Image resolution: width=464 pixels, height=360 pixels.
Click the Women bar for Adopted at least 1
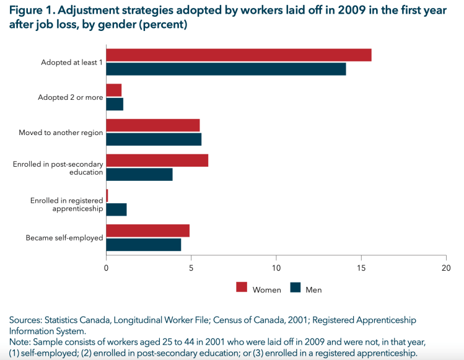click(239, 55)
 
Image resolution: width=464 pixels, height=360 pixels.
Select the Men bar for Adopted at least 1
click(226, 69)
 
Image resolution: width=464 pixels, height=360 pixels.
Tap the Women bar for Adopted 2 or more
click(114, 90)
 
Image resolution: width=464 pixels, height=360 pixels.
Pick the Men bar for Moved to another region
click(154, 139)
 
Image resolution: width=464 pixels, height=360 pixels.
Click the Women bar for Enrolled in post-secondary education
click(157, 160)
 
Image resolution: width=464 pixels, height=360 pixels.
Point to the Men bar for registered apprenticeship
click(116, 210)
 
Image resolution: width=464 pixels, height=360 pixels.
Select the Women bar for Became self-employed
click(148, 230)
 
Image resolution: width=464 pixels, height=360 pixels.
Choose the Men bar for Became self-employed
click(144, 245)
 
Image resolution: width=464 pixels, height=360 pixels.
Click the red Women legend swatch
click(242, 288)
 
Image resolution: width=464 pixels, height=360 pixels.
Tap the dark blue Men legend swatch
click(295, 288)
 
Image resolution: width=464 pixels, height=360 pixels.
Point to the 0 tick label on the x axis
click(107, 268)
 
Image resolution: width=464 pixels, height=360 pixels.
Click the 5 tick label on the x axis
click(191, 268)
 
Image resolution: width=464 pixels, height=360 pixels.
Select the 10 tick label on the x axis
click(276, 268)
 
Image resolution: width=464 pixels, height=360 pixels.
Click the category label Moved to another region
click(61, 133)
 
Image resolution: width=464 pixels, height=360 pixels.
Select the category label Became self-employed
click(64, 238)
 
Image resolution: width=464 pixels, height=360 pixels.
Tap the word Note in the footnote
click(19, 342)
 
